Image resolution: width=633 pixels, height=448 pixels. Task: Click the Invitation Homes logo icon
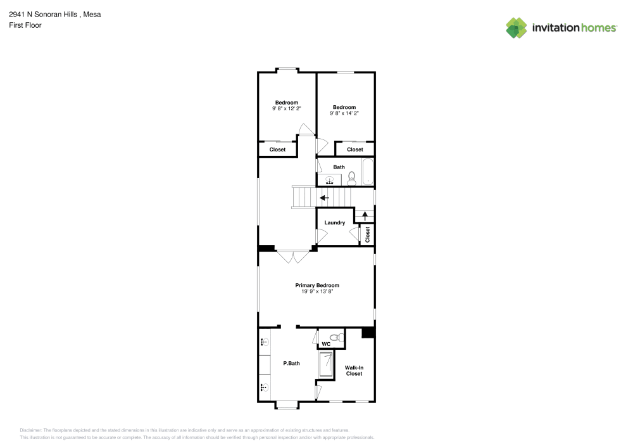pyautogui.click(x=516, y=27)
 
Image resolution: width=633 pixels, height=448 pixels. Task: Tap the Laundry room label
pyautogui.click(x=334, y=222)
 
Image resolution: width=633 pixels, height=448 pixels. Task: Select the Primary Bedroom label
pyautogui.click(x=317, y=285)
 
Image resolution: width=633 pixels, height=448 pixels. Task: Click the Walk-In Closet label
pyautogui.click(x=354, y=371)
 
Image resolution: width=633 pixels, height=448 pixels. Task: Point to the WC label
pyautogui.click(x=327, y=344)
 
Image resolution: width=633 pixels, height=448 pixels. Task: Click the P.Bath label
pyautogui.click(x=291, y=363)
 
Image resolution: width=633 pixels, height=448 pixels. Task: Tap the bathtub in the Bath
pyautogui.click(x=368, y=172)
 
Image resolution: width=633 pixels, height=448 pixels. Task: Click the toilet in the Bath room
pyautogui.click(x=352, y=181)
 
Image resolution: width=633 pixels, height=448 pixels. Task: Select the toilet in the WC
pyautogui.click(x=339, y=336)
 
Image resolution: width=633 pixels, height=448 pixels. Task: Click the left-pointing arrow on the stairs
pyautogui.click(x=324, y=198)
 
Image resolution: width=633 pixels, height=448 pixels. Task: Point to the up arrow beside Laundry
pyautogui.click(x=364, y=215)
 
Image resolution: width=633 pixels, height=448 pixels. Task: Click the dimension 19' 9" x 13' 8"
pyautogui.click(x=317, y=291)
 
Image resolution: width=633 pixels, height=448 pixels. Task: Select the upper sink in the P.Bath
pyautogui.click(x=265, y=342)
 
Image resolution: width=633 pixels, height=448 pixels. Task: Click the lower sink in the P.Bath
pyautogui.click(x=265, y=387)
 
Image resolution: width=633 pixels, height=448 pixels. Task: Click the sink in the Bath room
pyautogui.click(x=329, y=181)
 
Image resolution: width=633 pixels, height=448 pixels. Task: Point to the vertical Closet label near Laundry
pyautogui.click(x=367, y=234)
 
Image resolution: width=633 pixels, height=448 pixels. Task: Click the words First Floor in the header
pyautogui.click(x=25, y=25)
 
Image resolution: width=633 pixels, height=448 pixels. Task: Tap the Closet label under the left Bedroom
pyautogui.click(x=277, y=150)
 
